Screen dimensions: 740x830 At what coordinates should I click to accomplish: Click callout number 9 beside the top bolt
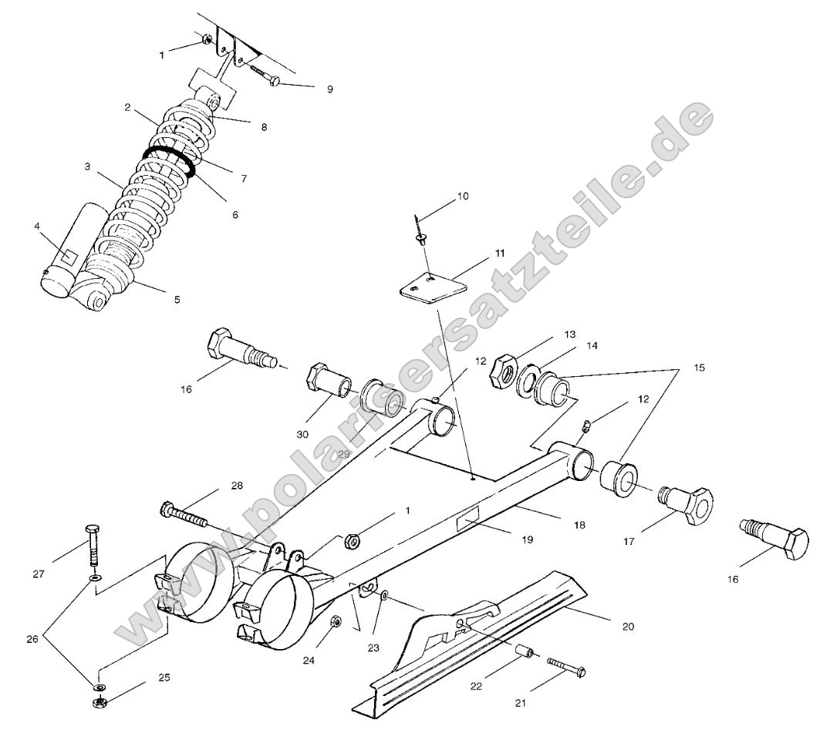(329, 89)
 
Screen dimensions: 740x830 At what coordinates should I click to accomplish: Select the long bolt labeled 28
(185, 515)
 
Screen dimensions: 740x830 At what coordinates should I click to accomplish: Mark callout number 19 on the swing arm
(527, 540)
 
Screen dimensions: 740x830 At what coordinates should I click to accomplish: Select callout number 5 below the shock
(177, 299)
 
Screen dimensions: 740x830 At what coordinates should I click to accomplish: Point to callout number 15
(699, 368)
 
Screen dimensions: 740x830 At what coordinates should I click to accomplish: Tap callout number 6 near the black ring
(234, 215)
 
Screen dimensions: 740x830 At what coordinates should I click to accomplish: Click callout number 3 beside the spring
(88, 165)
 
